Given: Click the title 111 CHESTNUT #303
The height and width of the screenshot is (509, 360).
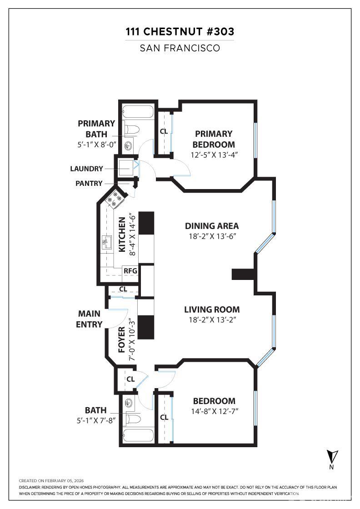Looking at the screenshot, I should pos(180,32).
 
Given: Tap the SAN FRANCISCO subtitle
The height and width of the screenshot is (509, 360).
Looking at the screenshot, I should pos(180,48).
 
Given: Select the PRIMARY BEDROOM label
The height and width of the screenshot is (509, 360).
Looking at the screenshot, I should pos(213,139).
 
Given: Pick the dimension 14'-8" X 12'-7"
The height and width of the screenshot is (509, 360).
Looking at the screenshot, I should pos(214,412).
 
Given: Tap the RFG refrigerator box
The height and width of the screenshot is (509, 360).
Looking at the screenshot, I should pos(130,271).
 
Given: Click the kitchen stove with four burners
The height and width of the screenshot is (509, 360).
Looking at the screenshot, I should pos(114,199).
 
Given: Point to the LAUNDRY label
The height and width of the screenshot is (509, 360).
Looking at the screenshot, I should pos(86,169).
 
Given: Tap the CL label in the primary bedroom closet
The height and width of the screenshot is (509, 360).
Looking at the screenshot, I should pos(164,132).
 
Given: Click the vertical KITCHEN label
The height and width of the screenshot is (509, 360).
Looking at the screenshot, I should pos(122,235).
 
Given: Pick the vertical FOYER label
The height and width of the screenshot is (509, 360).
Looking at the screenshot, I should pos(121,339).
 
